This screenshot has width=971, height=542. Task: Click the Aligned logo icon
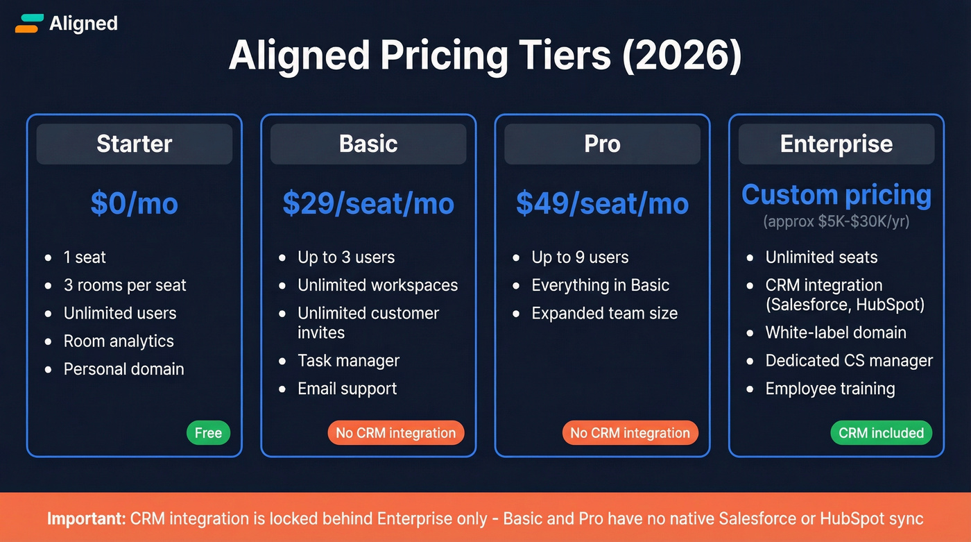28,23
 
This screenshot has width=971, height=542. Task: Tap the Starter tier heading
134,144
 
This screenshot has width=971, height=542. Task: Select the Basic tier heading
368,144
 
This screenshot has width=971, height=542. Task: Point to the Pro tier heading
602,144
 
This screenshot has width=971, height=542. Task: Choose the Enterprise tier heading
836,144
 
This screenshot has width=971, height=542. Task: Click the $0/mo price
134,203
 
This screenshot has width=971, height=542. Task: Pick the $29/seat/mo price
368,203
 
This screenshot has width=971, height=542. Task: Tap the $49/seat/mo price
602,203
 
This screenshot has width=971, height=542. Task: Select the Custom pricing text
836,195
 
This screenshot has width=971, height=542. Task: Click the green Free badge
208,433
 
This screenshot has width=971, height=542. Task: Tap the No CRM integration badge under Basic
395,433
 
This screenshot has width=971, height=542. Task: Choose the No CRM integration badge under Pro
630,433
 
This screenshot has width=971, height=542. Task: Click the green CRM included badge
881,433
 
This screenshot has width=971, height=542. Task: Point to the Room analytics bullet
119,341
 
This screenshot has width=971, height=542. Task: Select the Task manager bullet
348,361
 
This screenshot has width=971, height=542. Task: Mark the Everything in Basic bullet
600,285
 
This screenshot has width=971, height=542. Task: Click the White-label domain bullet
835,332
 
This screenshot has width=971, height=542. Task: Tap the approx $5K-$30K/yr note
836,222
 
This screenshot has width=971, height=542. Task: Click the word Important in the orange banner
85,518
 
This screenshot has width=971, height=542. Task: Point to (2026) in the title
681,56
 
